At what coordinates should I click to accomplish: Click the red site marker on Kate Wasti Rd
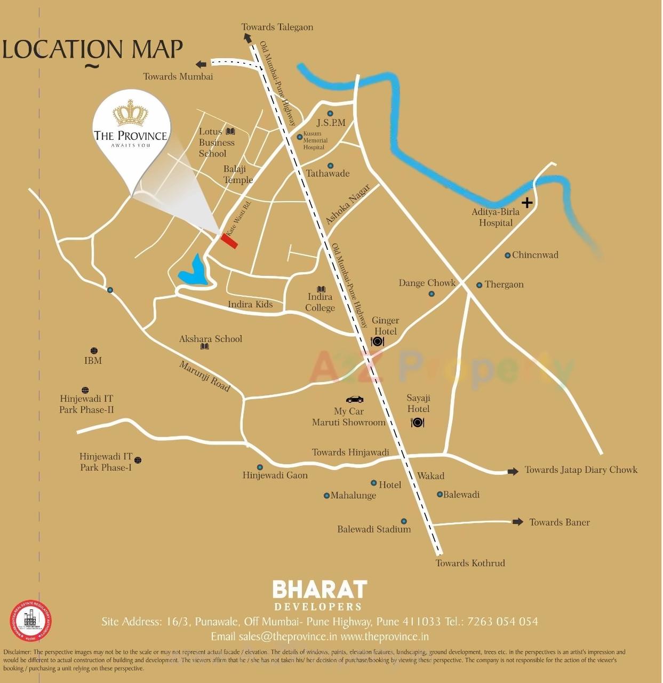(229, 241)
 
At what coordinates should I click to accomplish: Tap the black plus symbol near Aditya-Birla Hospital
(527, 202)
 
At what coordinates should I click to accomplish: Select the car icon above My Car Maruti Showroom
(355, 399)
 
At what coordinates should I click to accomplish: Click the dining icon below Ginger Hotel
(378, 341)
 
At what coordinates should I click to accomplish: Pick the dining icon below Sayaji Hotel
(417, 423)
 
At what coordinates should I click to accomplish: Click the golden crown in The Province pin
(130, 113)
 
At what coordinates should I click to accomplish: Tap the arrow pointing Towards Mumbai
(201, 65)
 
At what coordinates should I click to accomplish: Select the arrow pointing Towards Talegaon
(247, 37)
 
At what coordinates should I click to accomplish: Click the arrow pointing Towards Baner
(517, 522)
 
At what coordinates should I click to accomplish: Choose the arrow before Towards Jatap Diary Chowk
(513, 471)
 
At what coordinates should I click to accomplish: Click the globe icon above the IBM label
(94, 351)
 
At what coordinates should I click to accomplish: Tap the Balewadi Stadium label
(374, 529)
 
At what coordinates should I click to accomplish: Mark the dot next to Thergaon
(479, 285)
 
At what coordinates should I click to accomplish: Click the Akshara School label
(211, 339)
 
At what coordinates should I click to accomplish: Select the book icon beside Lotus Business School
(230, 131)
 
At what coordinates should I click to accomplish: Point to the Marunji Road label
(204, 376)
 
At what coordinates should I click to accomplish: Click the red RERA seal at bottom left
(30, 621)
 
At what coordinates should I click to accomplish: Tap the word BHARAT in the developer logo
(319, 590)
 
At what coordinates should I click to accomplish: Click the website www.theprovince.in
(385, 636)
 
